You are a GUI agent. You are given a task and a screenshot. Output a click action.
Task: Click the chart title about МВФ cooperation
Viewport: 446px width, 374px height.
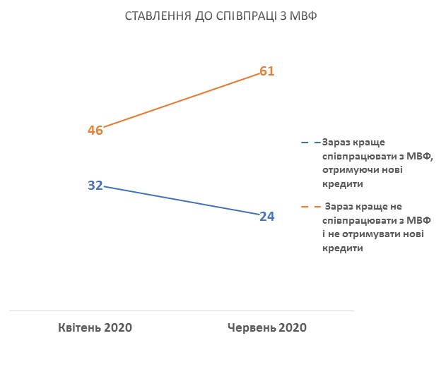point(221,16)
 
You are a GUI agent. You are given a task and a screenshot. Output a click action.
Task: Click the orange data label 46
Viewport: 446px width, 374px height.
point(95,130)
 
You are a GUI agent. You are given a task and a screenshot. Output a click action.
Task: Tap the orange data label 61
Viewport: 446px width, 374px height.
point(266,71)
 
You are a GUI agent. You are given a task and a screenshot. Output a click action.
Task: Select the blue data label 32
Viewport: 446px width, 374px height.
point(95,186)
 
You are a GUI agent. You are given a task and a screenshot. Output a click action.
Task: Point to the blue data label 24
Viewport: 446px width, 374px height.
point(266,216)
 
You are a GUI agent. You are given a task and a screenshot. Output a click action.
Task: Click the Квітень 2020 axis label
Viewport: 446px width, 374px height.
point(95,327)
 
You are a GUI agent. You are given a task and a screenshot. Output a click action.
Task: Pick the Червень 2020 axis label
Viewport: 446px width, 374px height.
point(267,327)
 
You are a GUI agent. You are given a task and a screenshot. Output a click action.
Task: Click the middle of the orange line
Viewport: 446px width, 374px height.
point(181,101)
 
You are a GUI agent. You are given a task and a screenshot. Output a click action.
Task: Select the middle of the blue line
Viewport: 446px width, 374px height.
point(181,201)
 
